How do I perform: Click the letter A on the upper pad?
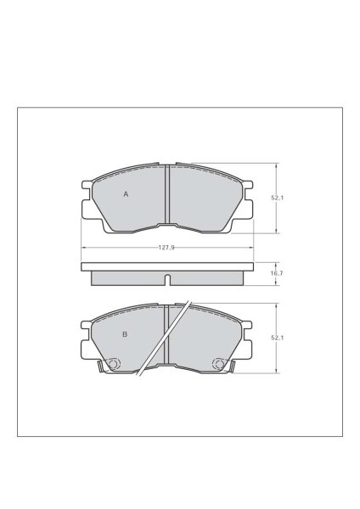pyautogui.click(x=126, y=194)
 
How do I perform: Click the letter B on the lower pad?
pyautogui.click(x=125, y=334)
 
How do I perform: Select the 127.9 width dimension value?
pyautogui.click(x=166, y=247)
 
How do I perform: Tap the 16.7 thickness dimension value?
pyautogui.click(x=276, y=273)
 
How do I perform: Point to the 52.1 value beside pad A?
pyautogui.click(x=276, y=198)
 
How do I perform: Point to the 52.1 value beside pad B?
pyautogui.click(x=276, y=338)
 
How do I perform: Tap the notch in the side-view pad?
pyautogui.click(x=167, y=279)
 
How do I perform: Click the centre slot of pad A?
pyautogui.click(x=167, y=195)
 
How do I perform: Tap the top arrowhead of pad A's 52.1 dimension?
pyautogui.click(x=278, y=165)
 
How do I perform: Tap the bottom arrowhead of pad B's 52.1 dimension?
pyautogui.click(x=278, y=372)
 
